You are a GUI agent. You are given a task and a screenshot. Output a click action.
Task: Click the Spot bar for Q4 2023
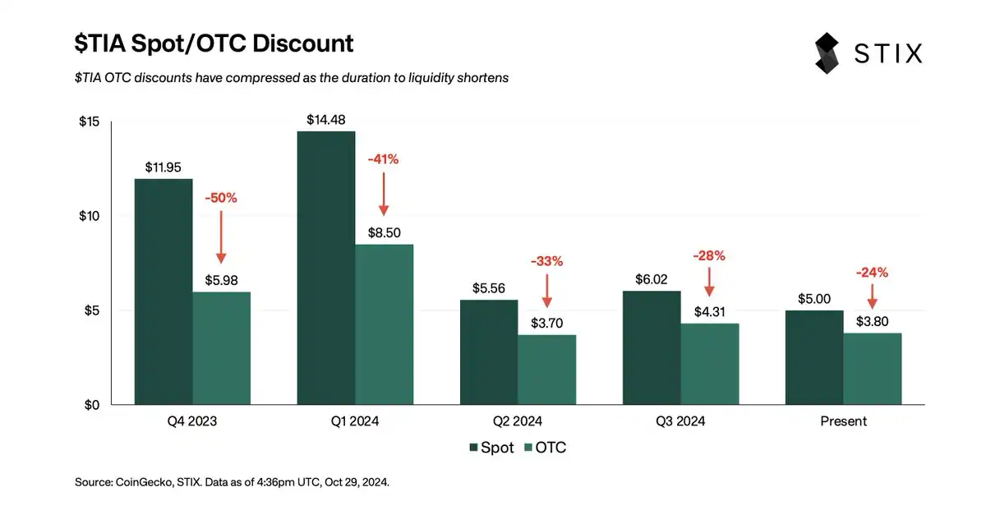point(164,292)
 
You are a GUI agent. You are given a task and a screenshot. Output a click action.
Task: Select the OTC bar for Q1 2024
point(384,324)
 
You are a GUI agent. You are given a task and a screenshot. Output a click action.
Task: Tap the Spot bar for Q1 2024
point(326,268)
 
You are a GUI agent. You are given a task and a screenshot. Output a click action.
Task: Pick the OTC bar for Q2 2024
point(546,370)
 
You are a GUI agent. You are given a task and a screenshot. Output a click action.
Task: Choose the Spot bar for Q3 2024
point(652,347)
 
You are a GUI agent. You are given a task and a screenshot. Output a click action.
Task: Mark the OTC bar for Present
point(872,369)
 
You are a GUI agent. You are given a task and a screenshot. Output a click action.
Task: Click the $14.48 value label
point(326,119)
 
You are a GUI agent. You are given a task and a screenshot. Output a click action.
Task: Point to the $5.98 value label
point(221,281)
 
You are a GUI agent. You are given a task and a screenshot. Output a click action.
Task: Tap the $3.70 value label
point(546,324)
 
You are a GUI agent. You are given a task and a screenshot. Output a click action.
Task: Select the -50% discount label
point(220,198)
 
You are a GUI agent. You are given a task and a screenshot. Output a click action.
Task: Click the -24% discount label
point(872,273)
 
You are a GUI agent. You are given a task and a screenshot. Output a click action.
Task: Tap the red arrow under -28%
point(709,281)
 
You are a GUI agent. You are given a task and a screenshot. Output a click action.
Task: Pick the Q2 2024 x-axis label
point(518,421)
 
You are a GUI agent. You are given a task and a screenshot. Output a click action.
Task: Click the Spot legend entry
point(491,448)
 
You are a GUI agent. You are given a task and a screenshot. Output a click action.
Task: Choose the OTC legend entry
point(545,448)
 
